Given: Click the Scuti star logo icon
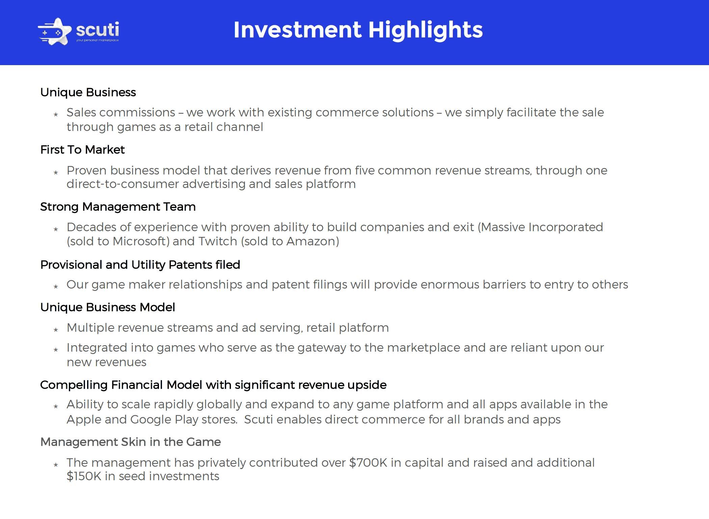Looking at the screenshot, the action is click(x=55, y=32).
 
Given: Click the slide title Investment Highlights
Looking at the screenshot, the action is click(x=358, y=30).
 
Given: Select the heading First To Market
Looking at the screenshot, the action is click(x=82, y=149).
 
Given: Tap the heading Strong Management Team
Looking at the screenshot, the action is click(x=118, y=207).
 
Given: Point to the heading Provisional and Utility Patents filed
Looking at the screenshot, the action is click(x=140, y=265).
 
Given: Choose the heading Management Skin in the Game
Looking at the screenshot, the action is click(x=131, y=442).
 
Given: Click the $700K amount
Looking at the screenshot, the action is click(x=368, y=463).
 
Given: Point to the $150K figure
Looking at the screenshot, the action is click(x=84, y=476).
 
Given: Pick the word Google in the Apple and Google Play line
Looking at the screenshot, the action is click(x=151, y=419).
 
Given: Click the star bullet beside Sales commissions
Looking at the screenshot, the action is click(x=56, y=114).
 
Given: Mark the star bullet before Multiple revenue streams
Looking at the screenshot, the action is click(x=56, y=330).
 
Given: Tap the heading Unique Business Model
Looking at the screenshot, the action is click(x=108, y=307).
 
